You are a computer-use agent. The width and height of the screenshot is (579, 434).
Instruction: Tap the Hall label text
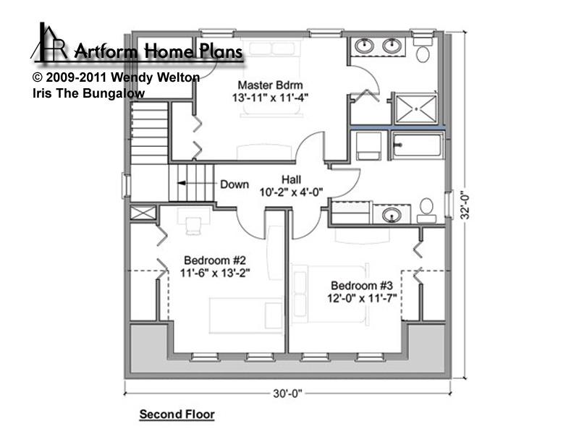pyautogui.click(x=292, y=179)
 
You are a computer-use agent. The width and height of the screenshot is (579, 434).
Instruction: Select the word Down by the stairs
pyautogui.click(x=234, y=184)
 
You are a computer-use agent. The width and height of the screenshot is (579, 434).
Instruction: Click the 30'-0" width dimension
pyautogui.click(x=287, y=393)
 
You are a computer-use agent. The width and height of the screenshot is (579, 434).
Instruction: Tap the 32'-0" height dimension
pyautogui.click(x=465, y=207)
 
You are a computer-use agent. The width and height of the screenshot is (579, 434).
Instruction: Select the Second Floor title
pyautogui.click(x=177, y=414)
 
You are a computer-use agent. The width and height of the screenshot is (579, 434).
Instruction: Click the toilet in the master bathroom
pyautogui.click(x=423, y=48)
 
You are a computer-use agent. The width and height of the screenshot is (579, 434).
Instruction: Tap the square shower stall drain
pyautogui.click(x=416, y=109)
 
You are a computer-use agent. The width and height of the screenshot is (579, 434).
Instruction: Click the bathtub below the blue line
pyautogui.click(x=418, y=145)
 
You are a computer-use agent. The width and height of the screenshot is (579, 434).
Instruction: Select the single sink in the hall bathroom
pyautogui.click(x=392, y=215)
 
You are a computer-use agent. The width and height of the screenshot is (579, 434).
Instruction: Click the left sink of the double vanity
pyautogui.click(x=365, y=46)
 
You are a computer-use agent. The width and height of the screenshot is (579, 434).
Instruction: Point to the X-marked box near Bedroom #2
pyautogui.click(x=143, y=213)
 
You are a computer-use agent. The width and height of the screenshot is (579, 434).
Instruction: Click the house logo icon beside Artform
pyautogui.click(x=48, y=41)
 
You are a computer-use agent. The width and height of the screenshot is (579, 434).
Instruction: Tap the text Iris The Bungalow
pyautogui.click(x=88, y=93)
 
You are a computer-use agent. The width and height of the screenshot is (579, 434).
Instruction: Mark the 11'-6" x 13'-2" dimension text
pyautogui.click(x=215, y=273)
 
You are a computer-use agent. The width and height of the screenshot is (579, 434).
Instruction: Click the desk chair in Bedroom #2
pyautogui.click(x=193, y=226)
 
